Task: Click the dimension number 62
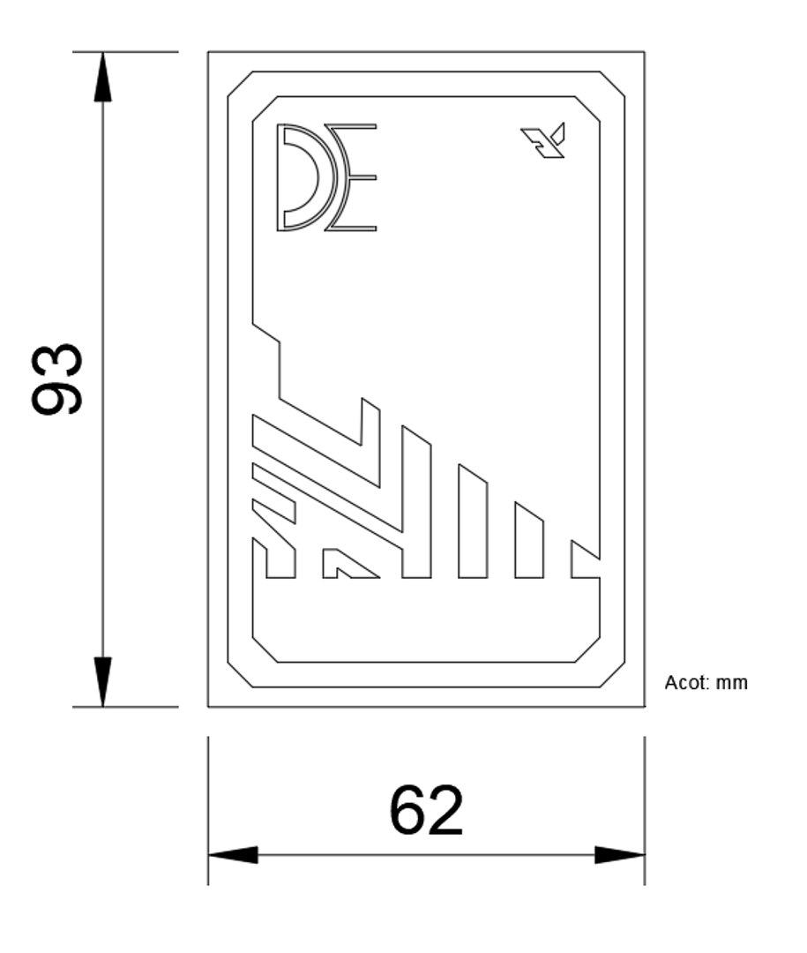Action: [426, 810]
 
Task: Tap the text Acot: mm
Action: [706, 682]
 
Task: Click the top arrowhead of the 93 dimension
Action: [103, 77]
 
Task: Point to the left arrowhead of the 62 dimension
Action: [234, 854]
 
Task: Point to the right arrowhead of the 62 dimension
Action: [619, 854]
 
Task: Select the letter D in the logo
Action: [298, 176]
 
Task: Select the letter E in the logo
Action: [355, 177]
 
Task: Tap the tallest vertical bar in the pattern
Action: [416, 503]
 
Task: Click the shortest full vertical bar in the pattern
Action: [528, 541]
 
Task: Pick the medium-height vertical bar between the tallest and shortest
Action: [473, 522]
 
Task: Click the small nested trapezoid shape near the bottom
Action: [346, 565]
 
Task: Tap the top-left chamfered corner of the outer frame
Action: [240, 83]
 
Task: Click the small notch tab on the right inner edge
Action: [584, 559]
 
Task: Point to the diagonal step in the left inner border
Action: [266, 332]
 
